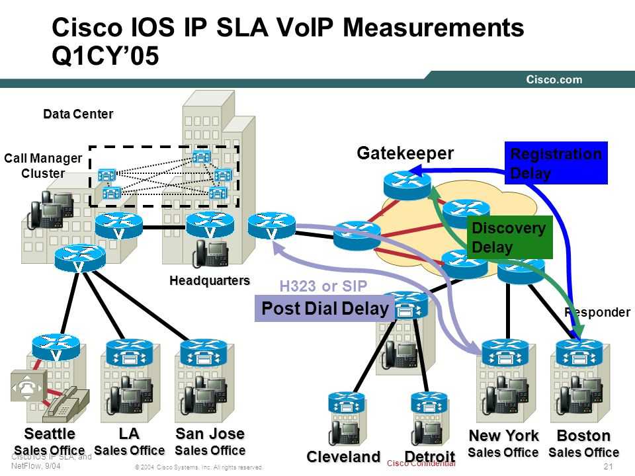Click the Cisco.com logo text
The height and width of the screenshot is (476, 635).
point(554,80)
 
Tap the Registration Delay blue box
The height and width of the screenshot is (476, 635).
point(556,163)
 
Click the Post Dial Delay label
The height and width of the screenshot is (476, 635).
point(325,309)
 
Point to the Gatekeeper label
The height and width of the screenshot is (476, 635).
point(405,154)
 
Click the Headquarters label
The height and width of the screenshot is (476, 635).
point(210,280)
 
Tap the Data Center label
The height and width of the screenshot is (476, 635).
point(78,114)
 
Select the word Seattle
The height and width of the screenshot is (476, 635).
point(50,434)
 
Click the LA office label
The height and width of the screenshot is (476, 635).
point(129,434)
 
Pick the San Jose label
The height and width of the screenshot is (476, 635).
point(210,434)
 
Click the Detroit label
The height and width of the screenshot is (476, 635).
point(429,457)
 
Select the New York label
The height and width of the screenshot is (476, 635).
point(503,436)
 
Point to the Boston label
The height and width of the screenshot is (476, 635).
point(583,436)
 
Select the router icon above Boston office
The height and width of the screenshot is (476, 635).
point(579,352)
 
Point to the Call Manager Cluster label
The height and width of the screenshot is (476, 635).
point(43,165)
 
